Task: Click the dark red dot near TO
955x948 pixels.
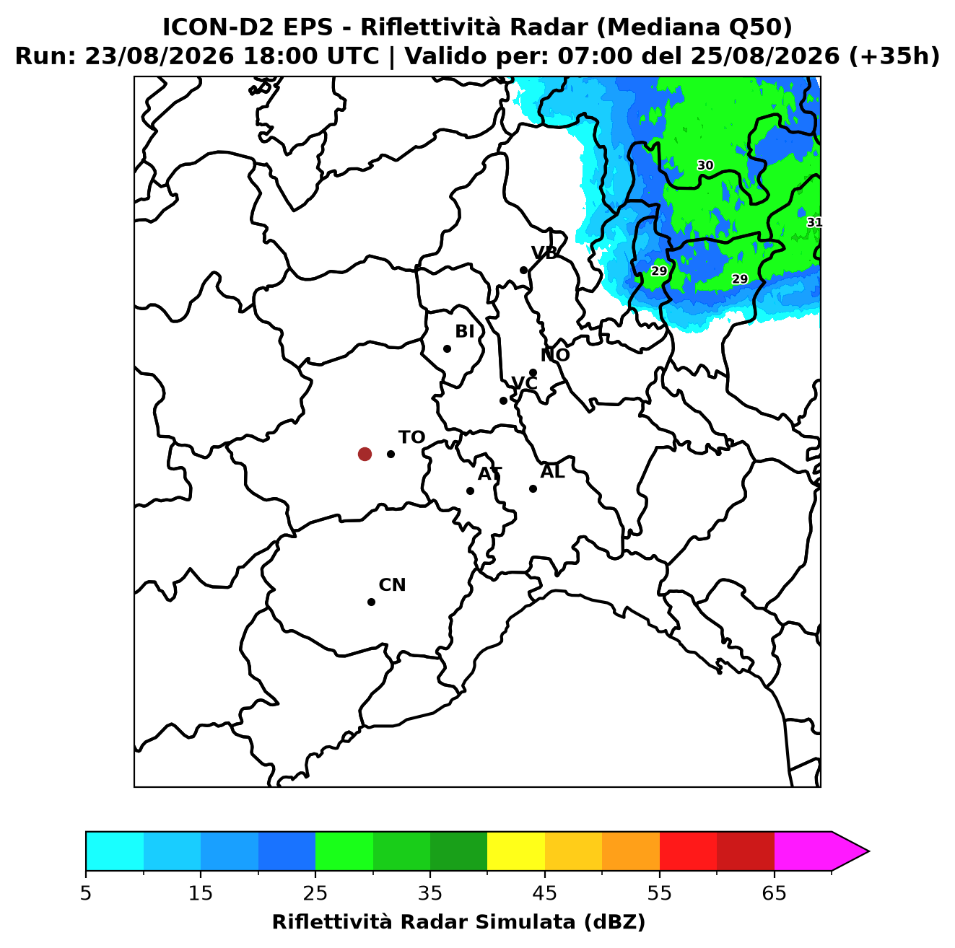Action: point(365,453)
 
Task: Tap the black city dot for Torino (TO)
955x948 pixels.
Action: point(391,454)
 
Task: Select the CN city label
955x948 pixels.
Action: point(392,585)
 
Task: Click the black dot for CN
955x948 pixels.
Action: point(371,602)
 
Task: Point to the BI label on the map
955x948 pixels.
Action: point(464,332)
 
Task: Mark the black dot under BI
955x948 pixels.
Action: point(447,349)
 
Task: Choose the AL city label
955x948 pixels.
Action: point(552,472)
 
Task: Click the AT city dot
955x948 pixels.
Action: point(470,491)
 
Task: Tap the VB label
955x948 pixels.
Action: point(544,253)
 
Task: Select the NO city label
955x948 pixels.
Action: point(555,355)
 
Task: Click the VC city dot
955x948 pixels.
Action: point(504,400)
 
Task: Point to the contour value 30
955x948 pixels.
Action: point(705,165)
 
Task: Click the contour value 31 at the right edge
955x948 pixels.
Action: point(814,222)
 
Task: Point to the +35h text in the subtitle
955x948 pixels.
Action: point(895,56)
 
